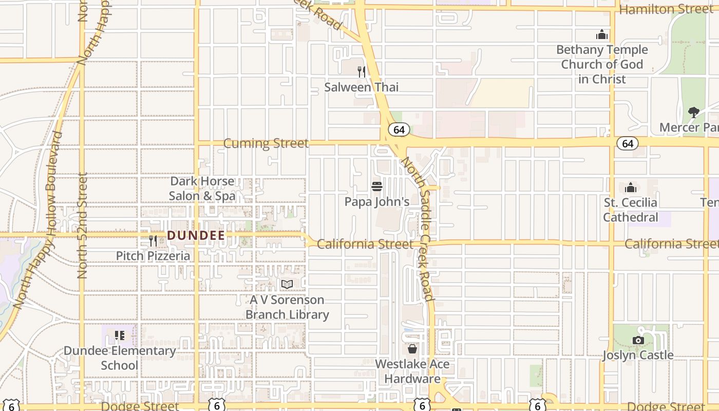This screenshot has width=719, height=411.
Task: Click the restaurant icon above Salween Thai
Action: (x=362, y=72)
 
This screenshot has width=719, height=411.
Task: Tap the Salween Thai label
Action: (x=361, y=87)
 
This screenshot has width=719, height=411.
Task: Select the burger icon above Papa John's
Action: (x=377, y=186)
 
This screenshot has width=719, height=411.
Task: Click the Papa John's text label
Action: (x=377, y=202)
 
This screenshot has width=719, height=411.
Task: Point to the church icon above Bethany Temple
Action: (x=602, y=35)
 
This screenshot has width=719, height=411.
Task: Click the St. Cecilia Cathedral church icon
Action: (x=631, y=188)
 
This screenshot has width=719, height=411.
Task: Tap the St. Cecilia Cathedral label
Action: (x=631, y=210)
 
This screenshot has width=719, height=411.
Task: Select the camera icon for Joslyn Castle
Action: (x=638, y=340)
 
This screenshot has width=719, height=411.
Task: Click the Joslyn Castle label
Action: (x=638, y=355)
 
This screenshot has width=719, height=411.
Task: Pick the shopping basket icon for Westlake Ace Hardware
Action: (x=412, y=349)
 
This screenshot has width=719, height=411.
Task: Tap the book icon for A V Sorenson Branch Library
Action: (x=287, y=284)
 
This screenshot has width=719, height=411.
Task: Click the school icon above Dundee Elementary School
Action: (x=120, y=335)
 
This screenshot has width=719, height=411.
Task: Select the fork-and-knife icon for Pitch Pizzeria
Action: (x=153, y=240)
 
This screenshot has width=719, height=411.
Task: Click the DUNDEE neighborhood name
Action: (x=196, y=236)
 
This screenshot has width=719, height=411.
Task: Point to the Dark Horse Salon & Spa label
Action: (x=202, y=189)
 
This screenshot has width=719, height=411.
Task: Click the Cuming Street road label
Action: (x=266, y=143)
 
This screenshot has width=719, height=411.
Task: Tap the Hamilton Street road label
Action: (x=667, y=9)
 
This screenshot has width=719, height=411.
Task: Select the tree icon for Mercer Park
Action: (x=694, y=112)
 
